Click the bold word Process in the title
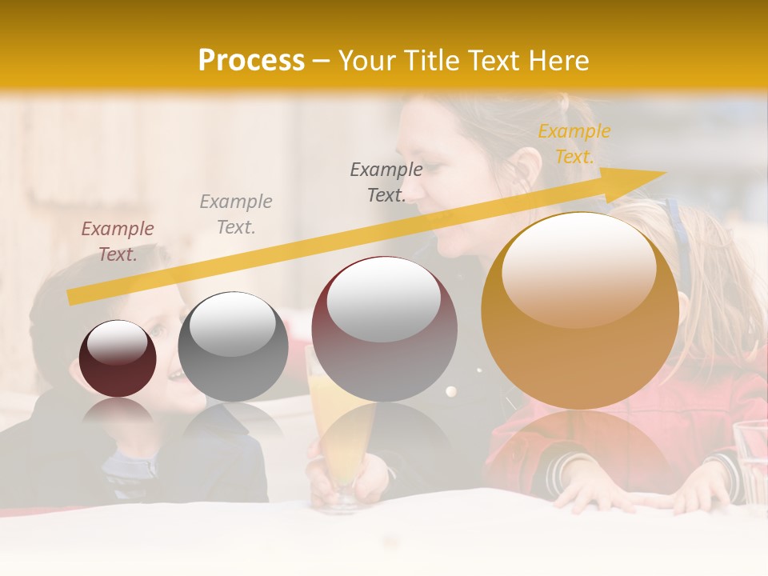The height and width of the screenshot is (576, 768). click(x=251, y=61)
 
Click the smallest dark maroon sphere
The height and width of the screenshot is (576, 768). click(x=118, y=358)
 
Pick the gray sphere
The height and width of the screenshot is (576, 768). click(x=233, y=347)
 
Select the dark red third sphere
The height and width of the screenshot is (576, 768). click(x=384, y=330)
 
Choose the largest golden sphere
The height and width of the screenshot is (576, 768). click(x=580, y=310)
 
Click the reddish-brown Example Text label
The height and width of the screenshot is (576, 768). click(x=118, y=242)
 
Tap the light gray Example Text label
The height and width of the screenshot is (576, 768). click(x=236, y=214)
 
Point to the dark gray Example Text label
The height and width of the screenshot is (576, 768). click(x=386, y=182)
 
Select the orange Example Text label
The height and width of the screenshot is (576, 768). click(x=574, y=144)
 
